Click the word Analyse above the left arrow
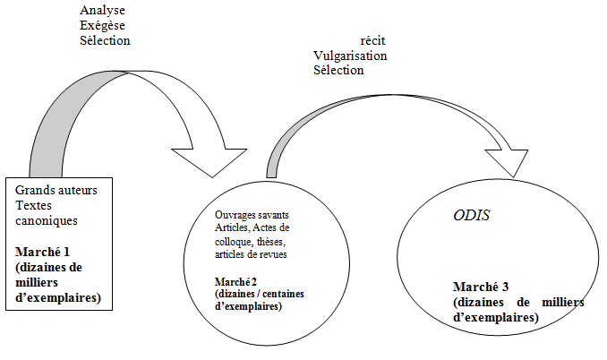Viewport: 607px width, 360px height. [102, 11]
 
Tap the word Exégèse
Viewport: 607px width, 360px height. [102, 26]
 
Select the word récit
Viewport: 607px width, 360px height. [372, 40]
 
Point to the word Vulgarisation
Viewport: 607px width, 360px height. [350, 56]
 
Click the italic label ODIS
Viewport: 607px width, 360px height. [471, 215]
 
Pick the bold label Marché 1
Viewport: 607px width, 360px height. [42, 252]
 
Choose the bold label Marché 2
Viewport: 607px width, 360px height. [235, 282]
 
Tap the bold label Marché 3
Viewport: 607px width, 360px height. [481, 287]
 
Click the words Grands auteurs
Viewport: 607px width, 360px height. [56, 190]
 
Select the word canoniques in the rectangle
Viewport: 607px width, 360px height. [47, 220]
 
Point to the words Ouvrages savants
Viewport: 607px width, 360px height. [252, 215]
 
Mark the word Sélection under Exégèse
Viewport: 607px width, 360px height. [105, 40]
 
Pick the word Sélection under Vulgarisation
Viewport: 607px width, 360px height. [338, 71]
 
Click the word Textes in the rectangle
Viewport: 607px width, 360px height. [33, 206]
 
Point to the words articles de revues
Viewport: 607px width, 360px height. [251, 254]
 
